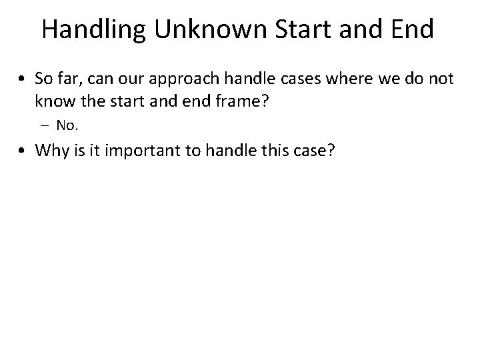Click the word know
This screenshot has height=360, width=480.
tap(51, 101)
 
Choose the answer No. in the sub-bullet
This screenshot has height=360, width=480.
tap(67, 125)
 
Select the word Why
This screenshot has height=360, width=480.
tap(50, 150)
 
